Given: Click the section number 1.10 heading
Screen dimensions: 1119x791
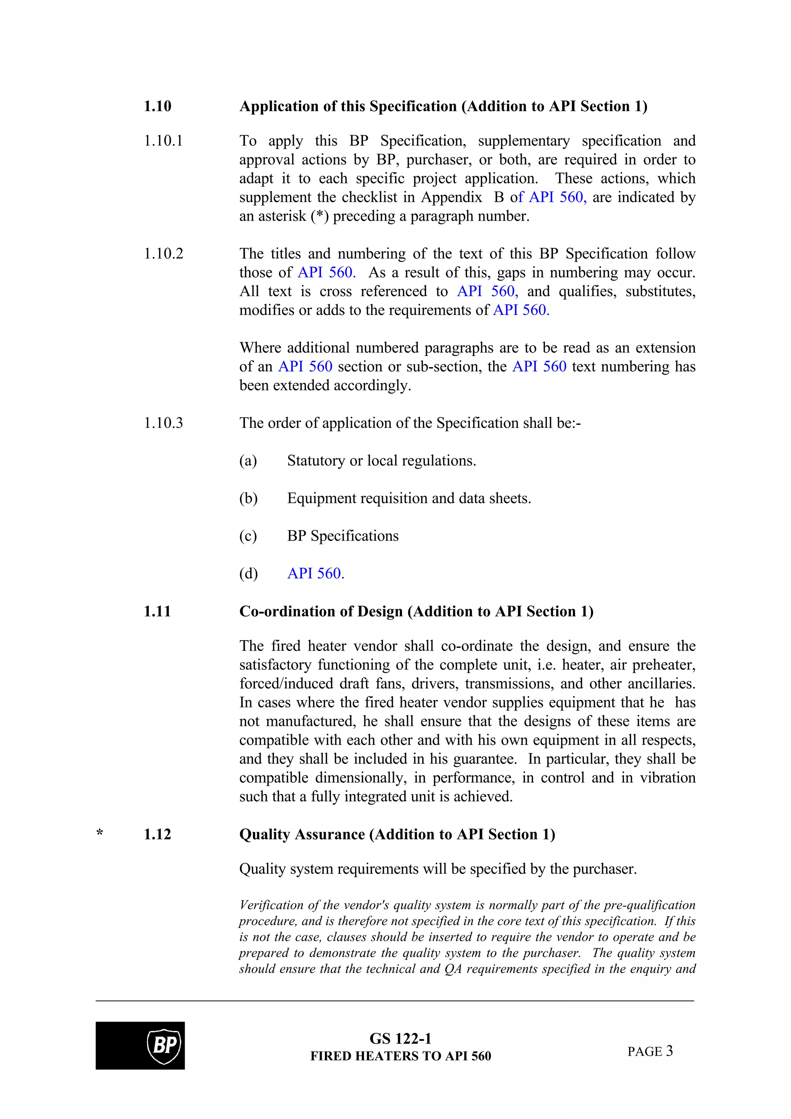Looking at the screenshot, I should click(158, 106).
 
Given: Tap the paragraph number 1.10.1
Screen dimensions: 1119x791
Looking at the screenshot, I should click(163, 141).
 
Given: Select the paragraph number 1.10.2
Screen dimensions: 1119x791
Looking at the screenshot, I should click(163, 254).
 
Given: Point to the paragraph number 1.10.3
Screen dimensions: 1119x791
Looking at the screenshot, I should click(163, 423).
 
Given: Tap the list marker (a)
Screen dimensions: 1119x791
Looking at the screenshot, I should click(248, 461).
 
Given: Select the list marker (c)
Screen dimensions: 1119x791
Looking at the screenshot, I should click(248, 536).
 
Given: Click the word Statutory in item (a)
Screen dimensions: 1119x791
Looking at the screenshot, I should click(316, 461).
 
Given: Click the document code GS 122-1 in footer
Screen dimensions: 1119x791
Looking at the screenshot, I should click(400, 1039).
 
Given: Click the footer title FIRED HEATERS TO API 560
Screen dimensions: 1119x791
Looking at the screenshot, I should click(400, 1056).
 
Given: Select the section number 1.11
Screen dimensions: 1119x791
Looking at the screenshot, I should click(158, 612).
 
